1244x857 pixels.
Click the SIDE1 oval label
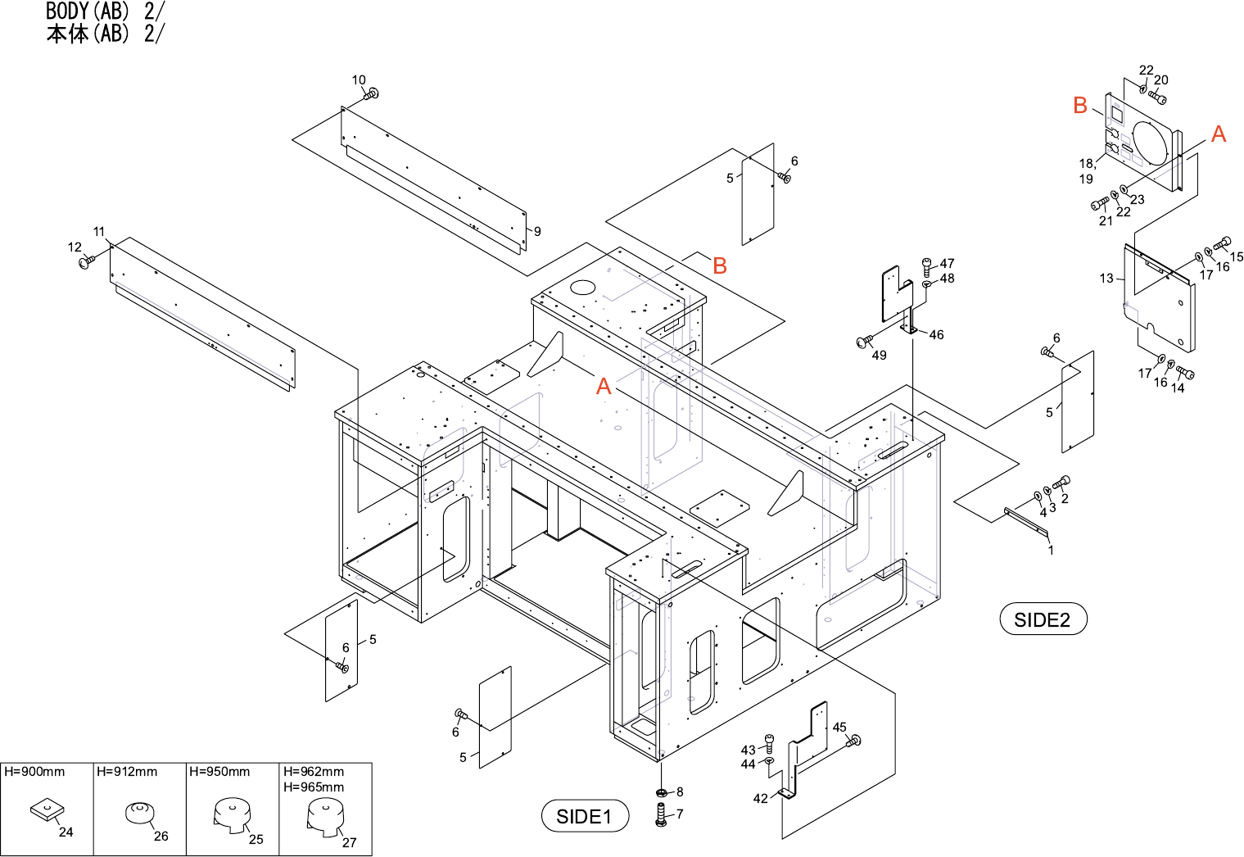[584, 816]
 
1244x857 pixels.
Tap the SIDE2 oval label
[1042, 619]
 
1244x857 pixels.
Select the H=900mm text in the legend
[34, 772]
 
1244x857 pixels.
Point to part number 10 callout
[359, 80]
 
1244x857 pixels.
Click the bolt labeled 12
[85, 262]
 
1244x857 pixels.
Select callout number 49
[879, 356]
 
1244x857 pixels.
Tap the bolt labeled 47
[927, 265]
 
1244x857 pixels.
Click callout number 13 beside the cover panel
[1106, 279]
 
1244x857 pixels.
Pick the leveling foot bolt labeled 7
[662, 814]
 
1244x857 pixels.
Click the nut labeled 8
[662, 793]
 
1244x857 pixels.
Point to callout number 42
[760, 799]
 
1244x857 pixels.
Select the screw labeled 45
[854, 741]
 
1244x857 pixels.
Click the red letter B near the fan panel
[1080, 105]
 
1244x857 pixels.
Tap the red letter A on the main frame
[604, 386]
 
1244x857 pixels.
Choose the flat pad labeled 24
[46, 811]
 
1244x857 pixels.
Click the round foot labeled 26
[138, 813]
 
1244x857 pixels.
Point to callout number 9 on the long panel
[537, 231]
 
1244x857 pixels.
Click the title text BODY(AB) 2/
[105, 11]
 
